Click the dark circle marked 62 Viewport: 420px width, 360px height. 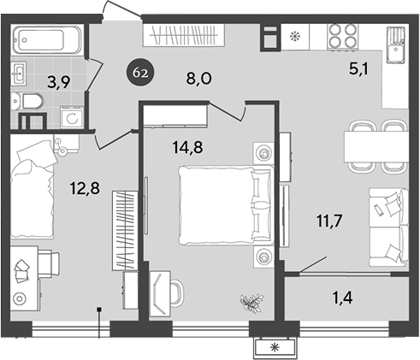coord(141,73)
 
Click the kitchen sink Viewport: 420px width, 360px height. coord(395,50)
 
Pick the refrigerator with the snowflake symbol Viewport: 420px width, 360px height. coord(296,38)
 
